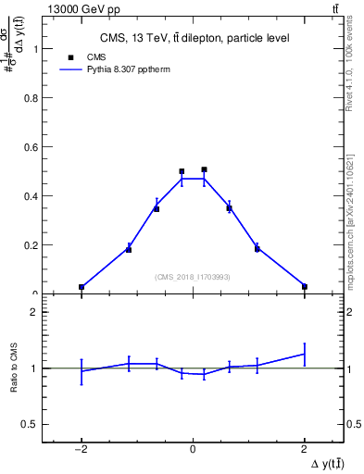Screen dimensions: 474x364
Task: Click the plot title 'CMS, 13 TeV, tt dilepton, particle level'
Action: tap(194, 38)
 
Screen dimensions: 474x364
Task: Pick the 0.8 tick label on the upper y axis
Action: tap(31, 98)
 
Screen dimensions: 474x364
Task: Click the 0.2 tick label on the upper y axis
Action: tap(31, 245)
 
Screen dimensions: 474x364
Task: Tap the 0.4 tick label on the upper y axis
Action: tap(31, 196)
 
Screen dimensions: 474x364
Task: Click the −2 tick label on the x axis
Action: tap(81, 449)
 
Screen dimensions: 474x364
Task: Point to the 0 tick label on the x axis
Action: tap(193, 449)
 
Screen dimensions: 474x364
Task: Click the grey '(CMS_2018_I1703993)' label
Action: tap(193, 277)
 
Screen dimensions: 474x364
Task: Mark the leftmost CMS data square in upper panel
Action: tap(82, 287)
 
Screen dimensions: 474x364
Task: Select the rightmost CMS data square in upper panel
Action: tap(305, 287)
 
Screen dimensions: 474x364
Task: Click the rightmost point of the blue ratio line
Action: tap(305, 354)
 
